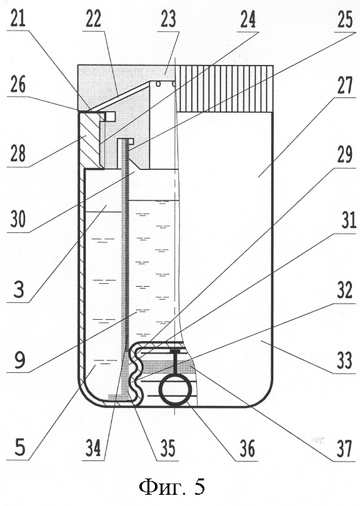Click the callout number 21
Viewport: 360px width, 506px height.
point(18,19)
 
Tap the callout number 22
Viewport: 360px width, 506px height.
point(94,19)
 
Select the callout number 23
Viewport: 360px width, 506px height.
point(168,19)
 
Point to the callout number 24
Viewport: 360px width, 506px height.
point(247,20)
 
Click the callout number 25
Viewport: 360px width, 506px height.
point(344,19)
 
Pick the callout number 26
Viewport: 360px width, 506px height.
point(18,85)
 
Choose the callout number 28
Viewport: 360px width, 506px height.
point(18,152)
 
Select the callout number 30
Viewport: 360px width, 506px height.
point(19,219)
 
